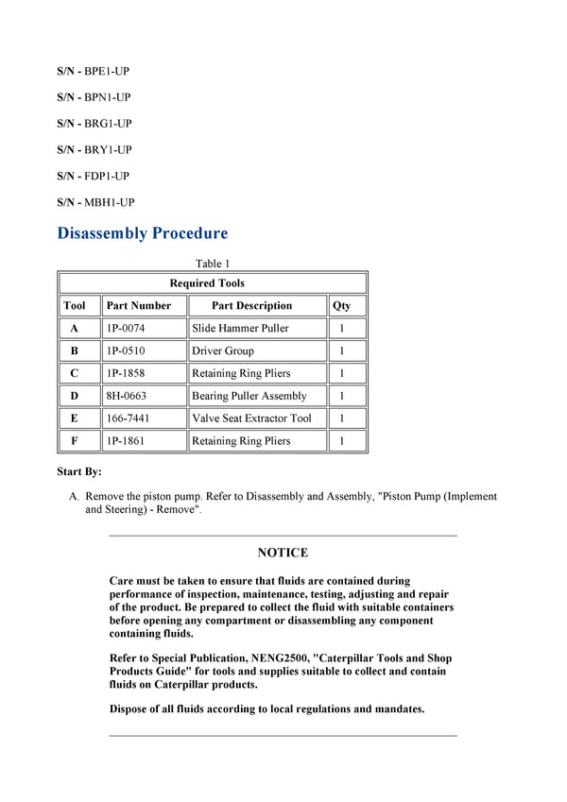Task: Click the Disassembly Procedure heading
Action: tap(142, 233)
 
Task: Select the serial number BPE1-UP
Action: tap(107, 71)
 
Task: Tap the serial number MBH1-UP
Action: tap(109, 202)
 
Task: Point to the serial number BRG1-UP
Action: tap(108, 124)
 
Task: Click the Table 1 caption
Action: tap(213, 264)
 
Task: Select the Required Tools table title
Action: tap(207, 283)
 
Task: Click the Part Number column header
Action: tap(139, 306)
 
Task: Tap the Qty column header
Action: tap(341, 306)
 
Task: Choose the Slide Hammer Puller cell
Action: tap(240, 329)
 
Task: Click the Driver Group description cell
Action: tap(223, 351)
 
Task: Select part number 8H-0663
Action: tap(127, 397)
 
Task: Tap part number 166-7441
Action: tap(128, 418)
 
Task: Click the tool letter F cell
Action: tap(75, 441)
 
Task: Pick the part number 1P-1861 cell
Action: tap(126, 441)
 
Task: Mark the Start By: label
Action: tap(79, 471)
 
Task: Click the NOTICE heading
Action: tap(283, 553)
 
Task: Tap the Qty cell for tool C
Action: tap(341, 374)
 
